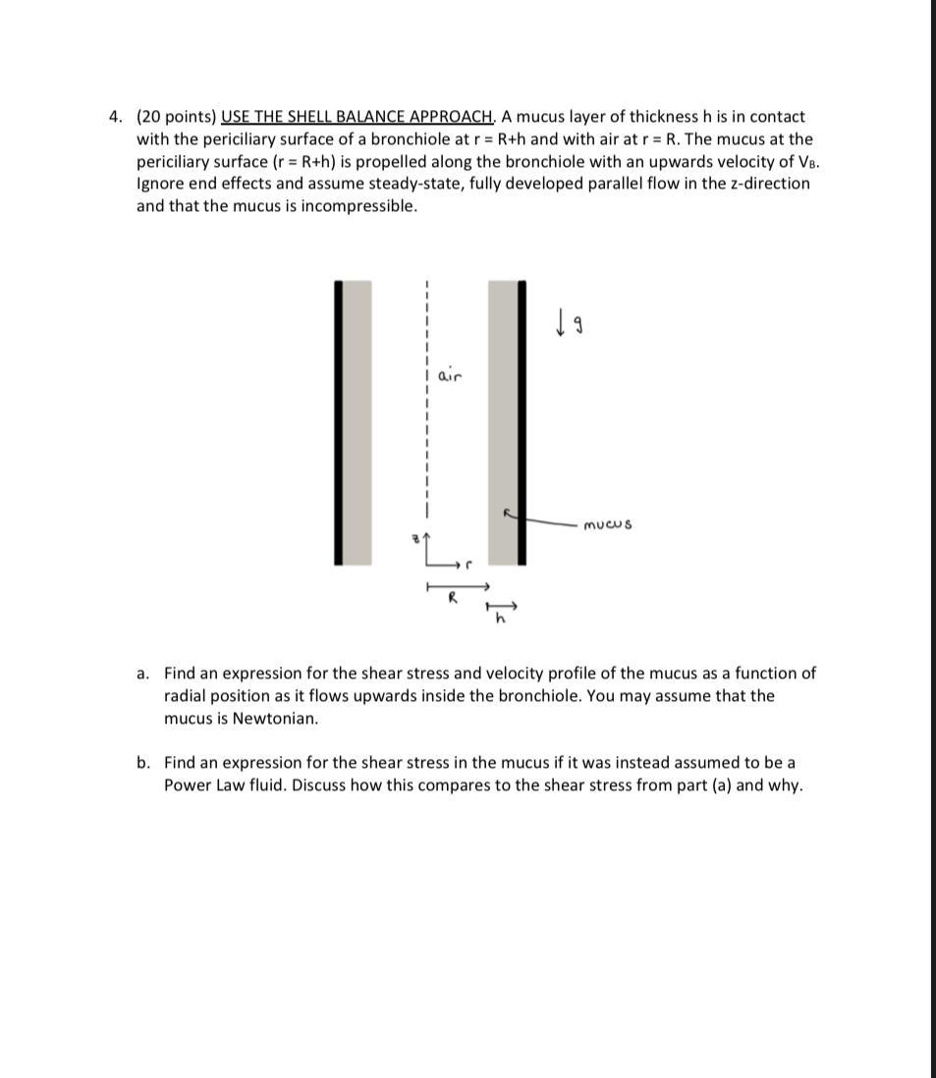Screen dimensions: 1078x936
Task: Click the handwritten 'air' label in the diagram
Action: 449,376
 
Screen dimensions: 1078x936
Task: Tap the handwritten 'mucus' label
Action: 608,525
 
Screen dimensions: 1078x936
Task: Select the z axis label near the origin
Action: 414,538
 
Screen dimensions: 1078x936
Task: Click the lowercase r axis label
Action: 469,566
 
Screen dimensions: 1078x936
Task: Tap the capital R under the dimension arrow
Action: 453,598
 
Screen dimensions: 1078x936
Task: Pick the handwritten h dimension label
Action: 500,618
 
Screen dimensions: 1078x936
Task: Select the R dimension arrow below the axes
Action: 457,587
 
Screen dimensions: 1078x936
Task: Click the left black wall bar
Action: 339,422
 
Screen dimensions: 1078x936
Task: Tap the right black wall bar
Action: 522,422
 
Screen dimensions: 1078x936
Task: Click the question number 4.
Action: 114,117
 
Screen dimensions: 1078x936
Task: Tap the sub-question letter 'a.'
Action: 143,674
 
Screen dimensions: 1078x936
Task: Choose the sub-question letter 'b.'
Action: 143,763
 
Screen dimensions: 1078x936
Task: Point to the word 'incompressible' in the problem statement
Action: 362,206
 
